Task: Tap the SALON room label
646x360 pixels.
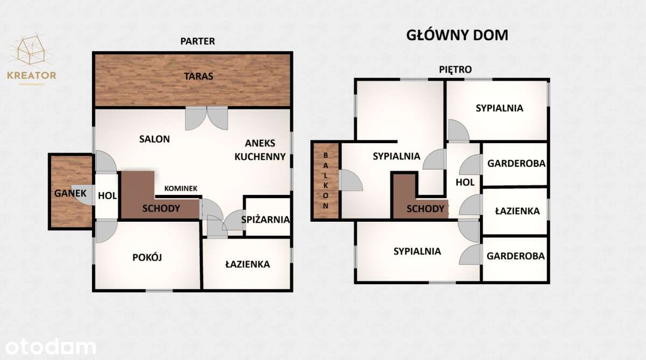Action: (x=155, y=139)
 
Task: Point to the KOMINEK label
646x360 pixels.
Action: (x=181, y=188)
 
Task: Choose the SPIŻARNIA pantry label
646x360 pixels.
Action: (x=266, y=220)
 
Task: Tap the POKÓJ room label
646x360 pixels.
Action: (x=147, y=257)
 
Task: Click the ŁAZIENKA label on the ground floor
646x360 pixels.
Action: (x=247, y=264)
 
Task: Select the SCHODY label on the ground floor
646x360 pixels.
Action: (x=161, y=208)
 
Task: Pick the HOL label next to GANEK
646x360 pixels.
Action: (x=108, y=195)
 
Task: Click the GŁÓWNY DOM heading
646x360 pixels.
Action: (x=456, y=36)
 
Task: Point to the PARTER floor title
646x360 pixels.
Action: (x=198, y=41)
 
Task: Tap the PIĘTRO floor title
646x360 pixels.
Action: (x=455, y=69)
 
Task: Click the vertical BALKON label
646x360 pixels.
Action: (x=326, y=181)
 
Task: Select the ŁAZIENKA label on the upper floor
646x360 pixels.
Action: (x=517, y=211)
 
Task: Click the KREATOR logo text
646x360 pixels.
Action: (x=32, y=75)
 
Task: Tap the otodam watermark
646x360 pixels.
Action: (x=48, y=347)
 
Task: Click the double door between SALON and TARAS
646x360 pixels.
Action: (x=207, y=118)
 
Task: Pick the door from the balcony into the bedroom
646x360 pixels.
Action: (x=350, y=180)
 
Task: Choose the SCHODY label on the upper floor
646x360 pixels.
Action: (x=425, y=209)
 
